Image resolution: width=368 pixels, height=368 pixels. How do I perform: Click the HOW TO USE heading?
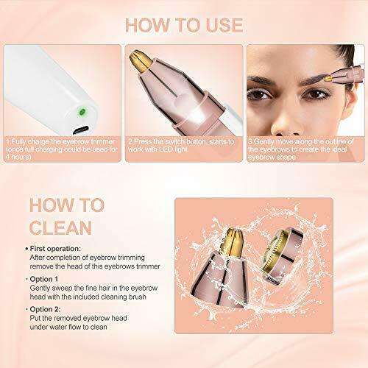click(x=183, y=21)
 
